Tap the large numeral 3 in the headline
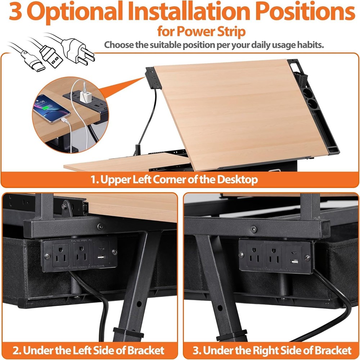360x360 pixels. click(x=15, y=11)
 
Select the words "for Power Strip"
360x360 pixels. click(x=201, y=32)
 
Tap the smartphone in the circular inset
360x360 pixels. click(x=51, y=109)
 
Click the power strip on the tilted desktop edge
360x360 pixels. click(x=153, y=78)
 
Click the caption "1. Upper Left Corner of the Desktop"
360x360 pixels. click(x=174, y=179)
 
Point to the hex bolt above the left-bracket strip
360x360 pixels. click(x=100, y=227)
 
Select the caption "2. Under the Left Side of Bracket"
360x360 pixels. click(x=89, y=351)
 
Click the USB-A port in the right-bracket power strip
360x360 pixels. click(x=294, y=261)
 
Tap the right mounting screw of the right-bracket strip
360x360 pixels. click(x=308, y=258)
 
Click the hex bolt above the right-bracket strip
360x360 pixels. click(x=253, y=229)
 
